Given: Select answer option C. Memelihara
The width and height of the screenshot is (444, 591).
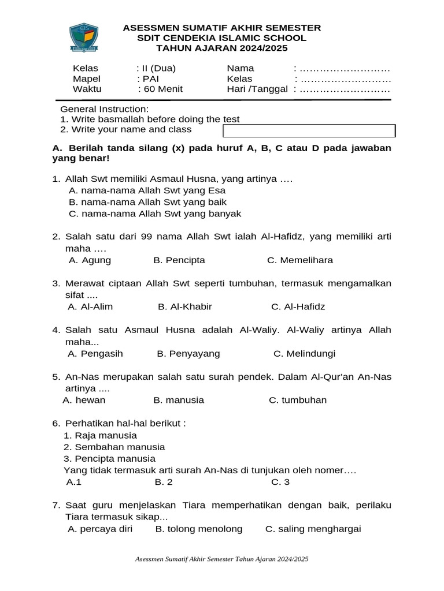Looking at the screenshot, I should [x=300, y=260].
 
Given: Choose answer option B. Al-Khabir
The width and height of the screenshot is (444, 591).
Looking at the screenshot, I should [x=185, y=306].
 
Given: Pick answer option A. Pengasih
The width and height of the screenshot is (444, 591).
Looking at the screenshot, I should [x=95, y=353].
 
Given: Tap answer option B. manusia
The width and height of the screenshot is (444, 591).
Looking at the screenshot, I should [x=179, y=400].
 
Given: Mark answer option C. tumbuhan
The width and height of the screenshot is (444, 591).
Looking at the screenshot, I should [x=298, y=400].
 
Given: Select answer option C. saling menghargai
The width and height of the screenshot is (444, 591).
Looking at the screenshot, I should [x=313, y=529].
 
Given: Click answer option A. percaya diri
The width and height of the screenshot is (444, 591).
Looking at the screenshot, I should [x=100, y=529].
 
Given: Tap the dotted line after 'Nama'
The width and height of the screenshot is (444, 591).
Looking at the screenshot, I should [x=345, y=68].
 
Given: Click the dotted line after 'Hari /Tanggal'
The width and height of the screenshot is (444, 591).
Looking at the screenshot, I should [x=345, y=89].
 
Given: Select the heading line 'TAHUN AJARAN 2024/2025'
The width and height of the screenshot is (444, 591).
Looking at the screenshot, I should [x=223, y=48].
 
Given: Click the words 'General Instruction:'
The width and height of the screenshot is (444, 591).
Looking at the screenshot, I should [x=105, y=109].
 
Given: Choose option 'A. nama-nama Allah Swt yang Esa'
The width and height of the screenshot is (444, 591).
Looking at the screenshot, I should [x=147, y=190].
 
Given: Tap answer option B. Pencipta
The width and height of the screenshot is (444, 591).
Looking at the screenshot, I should [x=179, y=260].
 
